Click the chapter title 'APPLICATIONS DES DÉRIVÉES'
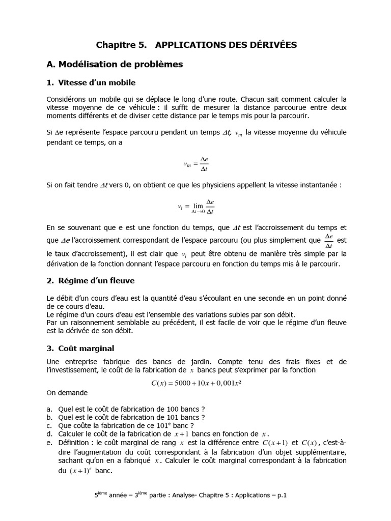click(x=226, y=45)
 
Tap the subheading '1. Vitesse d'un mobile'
click(x=91, y=82)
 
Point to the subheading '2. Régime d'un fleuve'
click(x=91, y=280)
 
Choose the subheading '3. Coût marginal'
click(x=80, y=349)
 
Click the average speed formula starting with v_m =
click(x=196, y=164)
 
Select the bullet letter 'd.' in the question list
click(x=49, y=434)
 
